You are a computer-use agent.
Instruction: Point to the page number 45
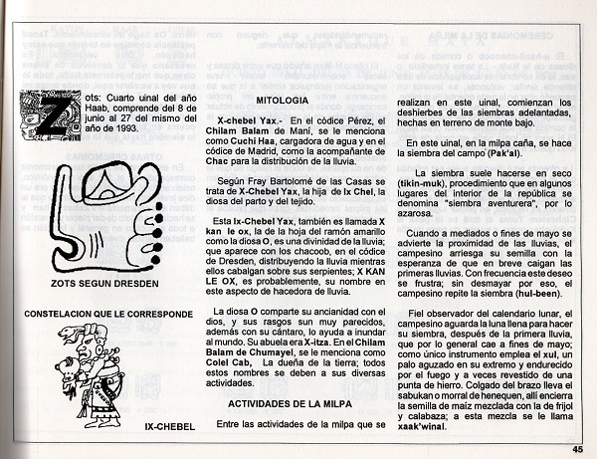[x=577, y=449]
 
